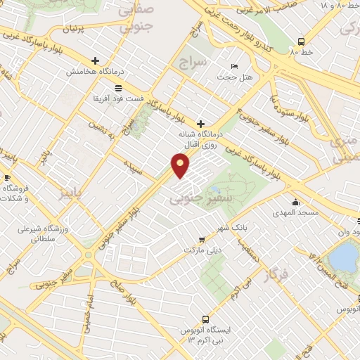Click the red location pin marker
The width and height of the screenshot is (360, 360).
181,165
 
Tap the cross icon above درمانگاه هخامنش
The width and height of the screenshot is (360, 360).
96,60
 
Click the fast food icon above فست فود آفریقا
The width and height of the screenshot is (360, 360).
117,88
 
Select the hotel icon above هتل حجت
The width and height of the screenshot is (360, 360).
234,66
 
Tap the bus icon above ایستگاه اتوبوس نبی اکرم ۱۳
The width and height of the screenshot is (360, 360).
205,317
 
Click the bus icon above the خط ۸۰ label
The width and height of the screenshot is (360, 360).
301,41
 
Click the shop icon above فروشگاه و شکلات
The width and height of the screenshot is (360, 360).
7,177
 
